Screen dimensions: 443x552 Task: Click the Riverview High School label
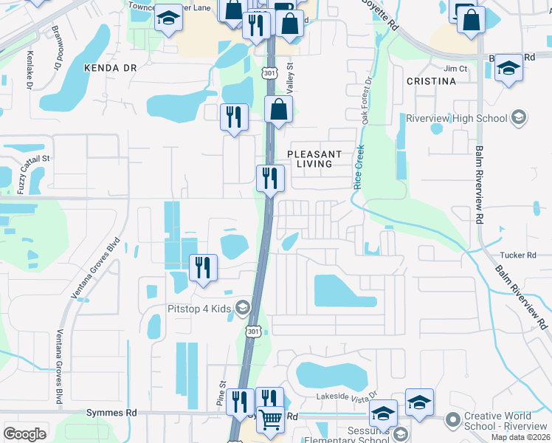pyautogui.click(x=457, y=118)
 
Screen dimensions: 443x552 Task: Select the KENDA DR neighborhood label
pyautogui.click(x=111, y=67)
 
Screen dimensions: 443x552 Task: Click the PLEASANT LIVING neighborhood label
pyautogui.click(x=314, y=159)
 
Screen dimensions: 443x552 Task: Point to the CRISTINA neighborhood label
pyautogui.click(x=431, y=80)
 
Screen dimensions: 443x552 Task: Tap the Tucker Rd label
pyautogui.click(x=522, y=255)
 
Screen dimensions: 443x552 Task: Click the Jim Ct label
pyautogui.click(x=457, y=69)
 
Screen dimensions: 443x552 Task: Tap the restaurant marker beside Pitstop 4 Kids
pyautogui.click(x=203, y=267)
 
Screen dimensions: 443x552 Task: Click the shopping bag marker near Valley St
pyautogui.click(x=279, y=110)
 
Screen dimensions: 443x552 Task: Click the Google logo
pyautogui.click(x=24, y=433)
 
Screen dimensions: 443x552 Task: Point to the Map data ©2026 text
pyautogui.click(x=521, y=437)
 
